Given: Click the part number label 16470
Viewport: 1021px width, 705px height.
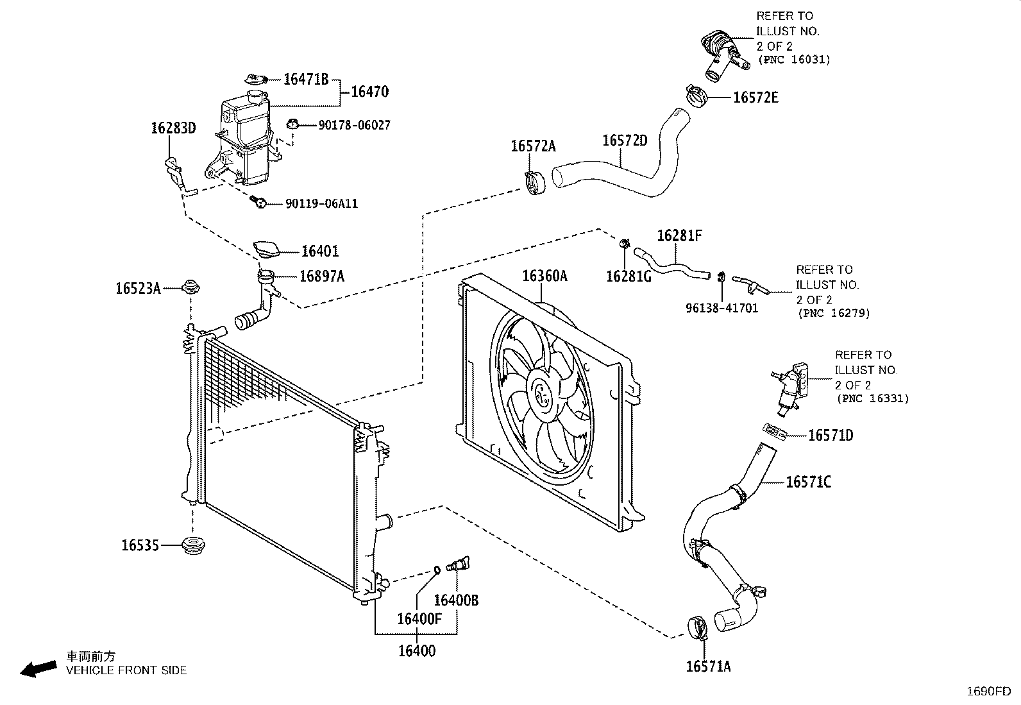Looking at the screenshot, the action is tap(369, 92).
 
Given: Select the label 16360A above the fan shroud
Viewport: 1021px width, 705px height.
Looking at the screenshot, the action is tap(544, 276).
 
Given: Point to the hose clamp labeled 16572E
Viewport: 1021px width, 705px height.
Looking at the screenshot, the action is tap(696, 96).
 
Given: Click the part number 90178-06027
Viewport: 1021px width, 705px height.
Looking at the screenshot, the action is tap(354, 125).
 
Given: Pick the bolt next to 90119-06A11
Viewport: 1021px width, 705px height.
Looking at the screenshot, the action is tap(258, 201).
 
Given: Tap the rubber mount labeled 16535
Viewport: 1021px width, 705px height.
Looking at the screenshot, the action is tap(193, 546).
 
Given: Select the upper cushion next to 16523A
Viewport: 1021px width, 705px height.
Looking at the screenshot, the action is tap(190, 287).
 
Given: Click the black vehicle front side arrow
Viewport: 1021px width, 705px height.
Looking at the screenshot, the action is tap(38, 669).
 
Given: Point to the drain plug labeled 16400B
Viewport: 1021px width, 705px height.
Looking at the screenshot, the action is tap(458, 564).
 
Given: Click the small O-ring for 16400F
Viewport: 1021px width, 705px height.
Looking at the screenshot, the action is tap(437, 570).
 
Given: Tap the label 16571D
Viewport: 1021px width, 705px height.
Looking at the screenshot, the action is tap(831, 436).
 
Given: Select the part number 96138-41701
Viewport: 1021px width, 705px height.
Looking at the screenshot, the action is tap(722, 309).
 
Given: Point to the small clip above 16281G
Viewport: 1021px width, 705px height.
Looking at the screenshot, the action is tap(625, 244).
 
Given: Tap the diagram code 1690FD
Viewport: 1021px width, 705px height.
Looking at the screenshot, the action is tap(989, 692).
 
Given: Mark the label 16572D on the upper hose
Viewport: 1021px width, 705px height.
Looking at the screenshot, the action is tap(625, 140).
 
